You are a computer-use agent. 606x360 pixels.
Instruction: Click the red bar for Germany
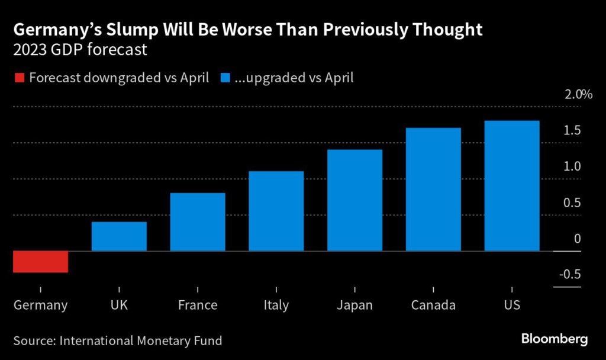click(x=41, y=262)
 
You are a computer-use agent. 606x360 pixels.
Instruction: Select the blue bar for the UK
click(x=119, y=236)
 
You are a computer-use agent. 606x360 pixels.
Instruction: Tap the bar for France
click(x=198, y=222)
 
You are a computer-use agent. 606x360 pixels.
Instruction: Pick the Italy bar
click(x=276, y=211)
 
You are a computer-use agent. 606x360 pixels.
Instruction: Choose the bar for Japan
click(x=354, y=200)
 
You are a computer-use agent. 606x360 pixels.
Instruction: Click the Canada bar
click(x=433, y=189)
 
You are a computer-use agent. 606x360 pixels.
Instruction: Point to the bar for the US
click(x=512, y=186)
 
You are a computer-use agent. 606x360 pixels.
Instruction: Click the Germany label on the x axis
click(x=41, y=306)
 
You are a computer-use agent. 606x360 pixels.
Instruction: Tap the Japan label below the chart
click(x=354, y=306)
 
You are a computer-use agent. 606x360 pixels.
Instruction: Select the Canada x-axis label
click(x=433, y=306)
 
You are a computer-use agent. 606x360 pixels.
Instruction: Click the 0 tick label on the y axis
click(x=577, y=239)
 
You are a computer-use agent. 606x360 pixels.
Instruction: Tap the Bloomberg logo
click(x=554, y=339)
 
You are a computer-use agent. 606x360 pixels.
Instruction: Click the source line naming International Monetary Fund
click(x=118, y=340)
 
